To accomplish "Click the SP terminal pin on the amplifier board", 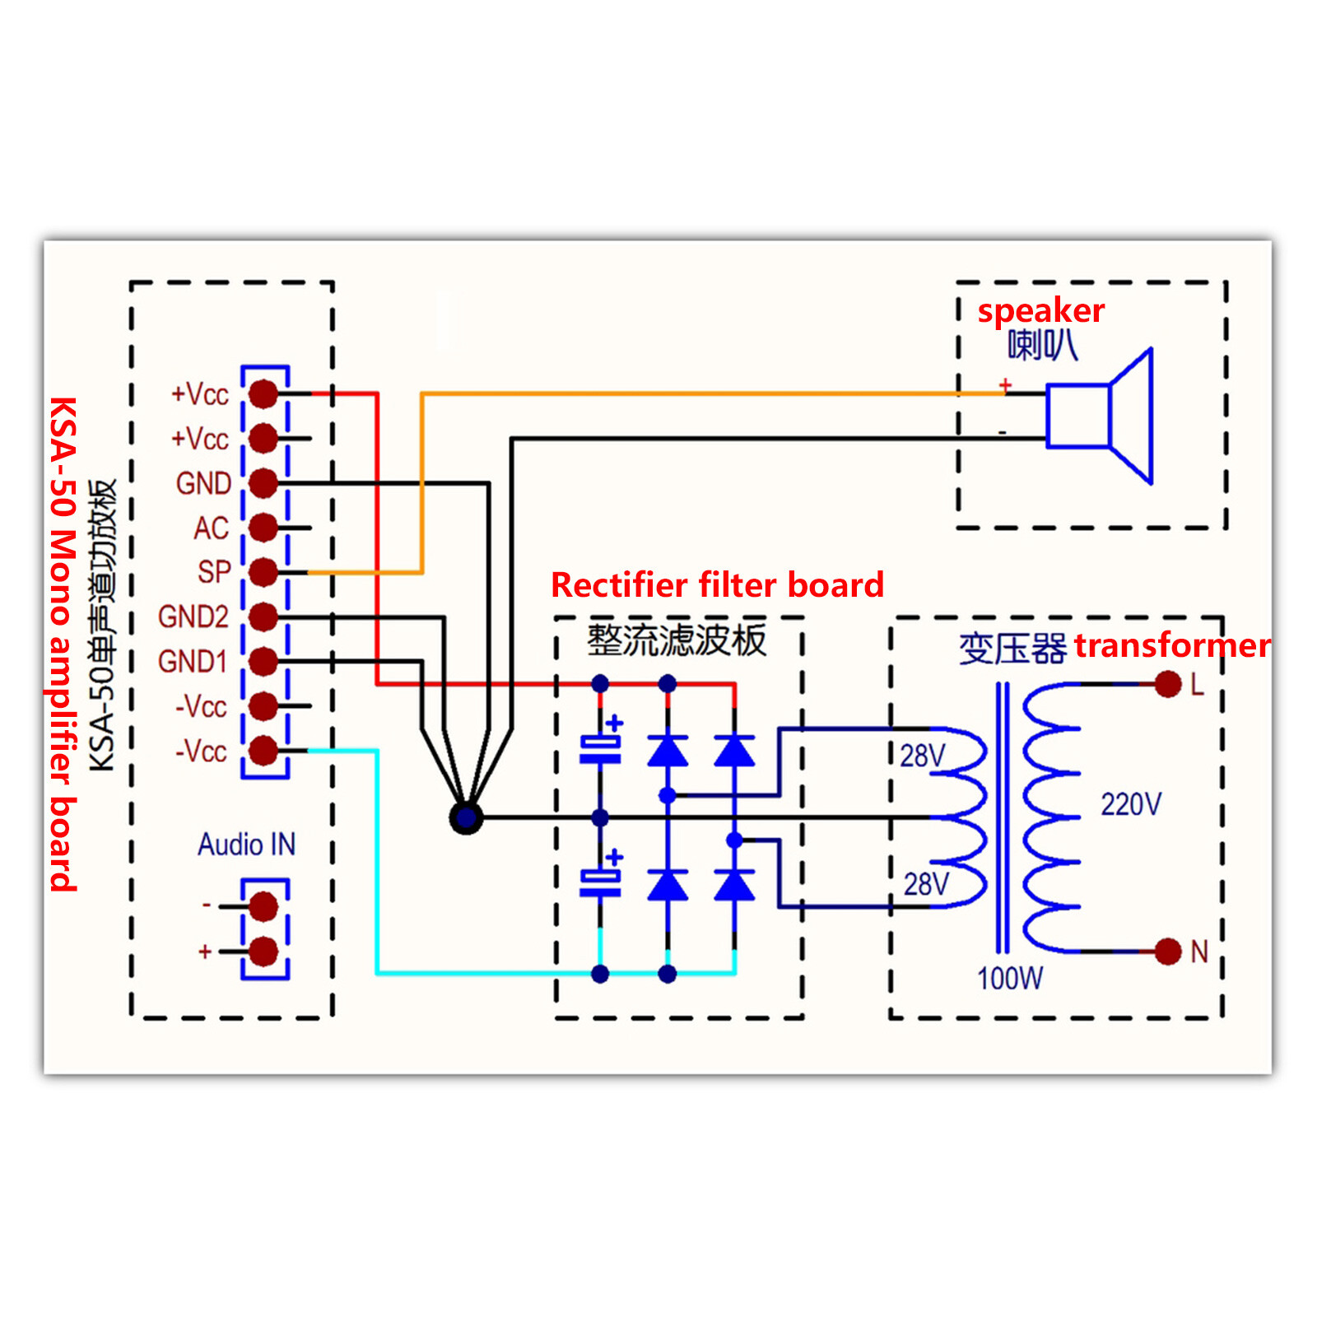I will point(263,571).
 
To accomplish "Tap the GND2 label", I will point(193,617).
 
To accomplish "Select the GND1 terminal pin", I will point(263,660).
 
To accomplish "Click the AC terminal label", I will point(211,528).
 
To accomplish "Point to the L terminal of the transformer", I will point(1167,684).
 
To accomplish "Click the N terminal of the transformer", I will point(1167,952).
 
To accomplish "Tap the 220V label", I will point(1131,803).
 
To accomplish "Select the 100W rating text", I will point(1009,979).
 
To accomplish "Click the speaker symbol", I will point(1099,416).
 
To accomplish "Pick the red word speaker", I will point(1040,310).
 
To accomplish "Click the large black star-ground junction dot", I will point(466,817).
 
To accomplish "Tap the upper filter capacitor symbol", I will point(600,749).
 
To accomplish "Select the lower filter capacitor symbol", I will point(600,883).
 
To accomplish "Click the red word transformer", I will point(1172,645).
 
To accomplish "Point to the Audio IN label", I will point(246,845).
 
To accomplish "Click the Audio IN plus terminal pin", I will point(263,952).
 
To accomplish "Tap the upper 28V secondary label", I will point(922,756).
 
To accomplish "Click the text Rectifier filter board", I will point(717,585).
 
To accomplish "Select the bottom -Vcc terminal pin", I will point(263,750).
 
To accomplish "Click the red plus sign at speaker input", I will point(1005,384).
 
